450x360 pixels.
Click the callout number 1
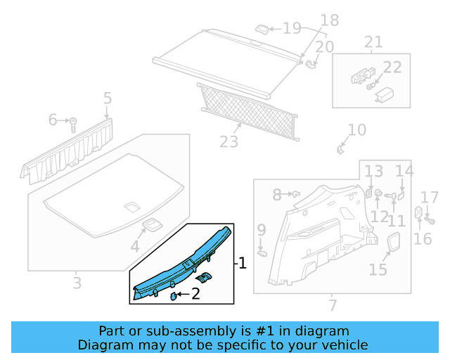click(x=243, y=264)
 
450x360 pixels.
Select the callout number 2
click(x=196, y=295)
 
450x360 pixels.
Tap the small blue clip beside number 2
click(x=173, y=296)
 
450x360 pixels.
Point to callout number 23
click(x=229, y=142)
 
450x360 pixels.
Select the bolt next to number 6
click(x=72, y=124)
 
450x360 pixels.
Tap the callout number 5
click(x=107, y=98)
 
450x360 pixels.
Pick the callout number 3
click(x=77, y=283)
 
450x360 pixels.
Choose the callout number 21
click(x=373, y=42)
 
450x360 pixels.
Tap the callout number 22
click(x=392, y=67)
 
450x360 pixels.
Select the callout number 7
click(x=333, y=305)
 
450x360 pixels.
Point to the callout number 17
click(x=429, y=198)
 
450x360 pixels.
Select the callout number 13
click(x=373, y=171)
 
